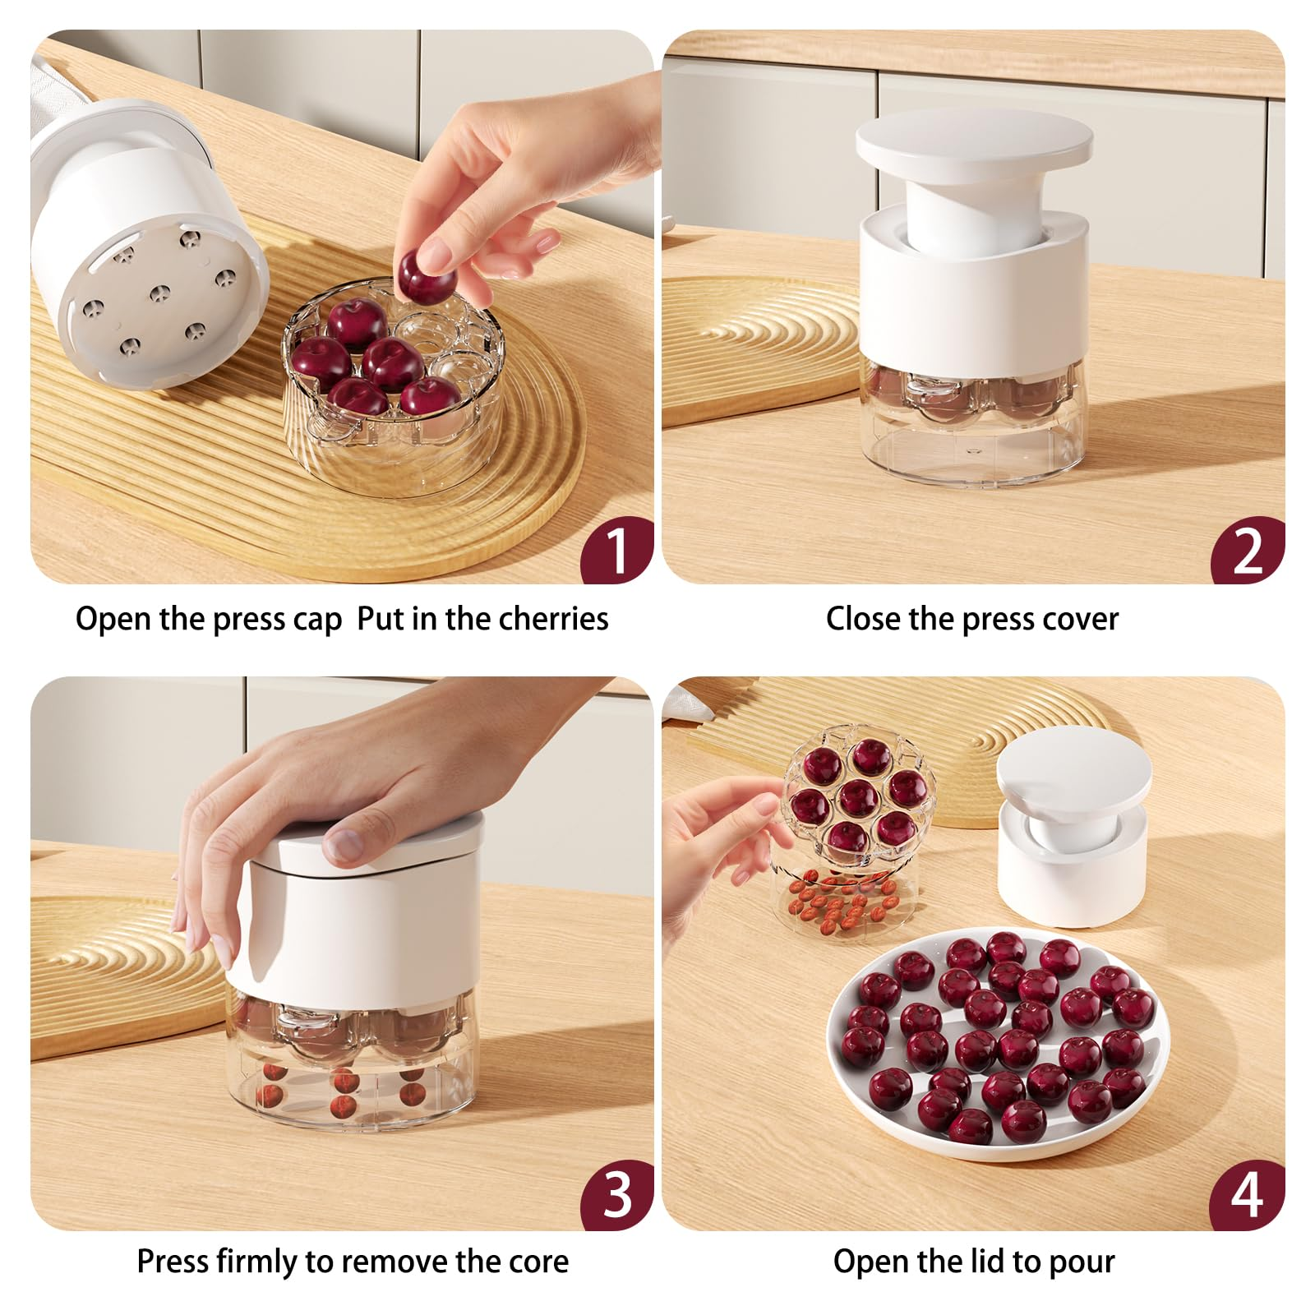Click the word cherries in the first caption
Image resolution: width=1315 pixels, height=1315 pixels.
coord(553,619)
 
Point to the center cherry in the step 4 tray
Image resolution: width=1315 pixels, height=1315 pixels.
coord(858,796)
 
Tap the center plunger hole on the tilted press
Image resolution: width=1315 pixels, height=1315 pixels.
coord(159,292)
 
